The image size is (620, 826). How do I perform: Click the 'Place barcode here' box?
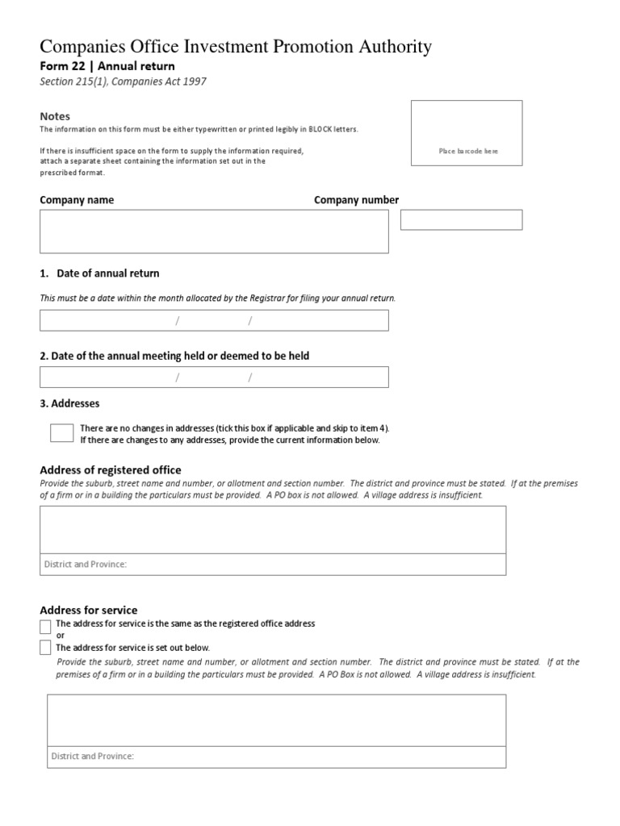467,133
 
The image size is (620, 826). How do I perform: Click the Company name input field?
214,232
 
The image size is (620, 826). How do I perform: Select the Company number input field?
461,219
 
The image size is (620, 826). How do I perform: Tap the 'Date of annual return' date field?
214,320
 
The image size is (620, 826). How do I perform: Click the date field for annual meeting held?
214,377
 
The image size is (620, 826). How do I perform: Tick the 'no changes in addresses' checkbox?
61,433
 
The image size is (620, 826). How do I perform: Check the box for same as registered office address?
45,627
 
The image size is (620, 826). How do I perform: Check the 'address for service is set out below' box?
45,647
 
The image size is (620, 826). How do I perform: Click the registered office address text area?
273,530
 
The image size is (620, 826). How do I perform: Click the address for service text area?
276,720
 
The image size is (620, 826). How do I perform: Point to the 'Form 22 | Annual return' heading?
107,66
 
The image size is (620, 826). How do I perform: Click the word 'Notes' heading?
55,116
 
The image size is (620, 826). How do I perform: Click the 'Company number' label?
356,200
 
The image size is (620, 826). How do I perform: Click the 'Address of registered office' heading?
111,469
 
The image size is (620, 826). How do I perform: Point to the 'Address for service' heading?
89,610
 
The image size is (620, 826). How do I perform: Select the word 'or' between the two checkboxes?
60,636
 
